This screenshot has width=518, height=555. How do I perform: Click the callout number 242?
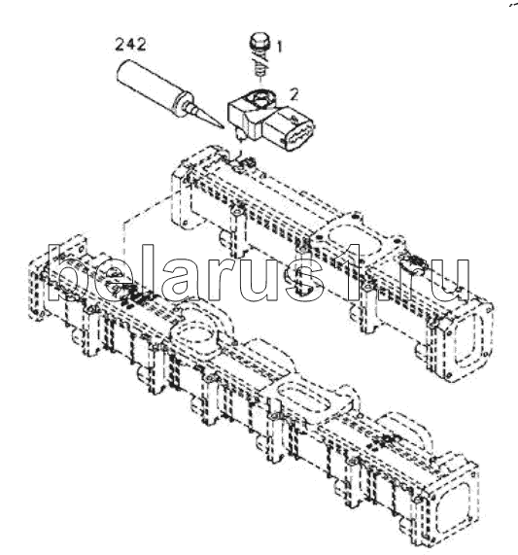(130, 45)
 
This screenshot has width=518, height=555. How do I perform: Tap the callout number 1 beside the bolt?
(279, 47)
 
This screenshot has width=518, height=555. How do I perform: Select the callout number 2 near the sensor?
(294, 94)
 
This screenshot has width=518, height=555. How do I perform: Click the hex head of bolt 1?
(260, 41)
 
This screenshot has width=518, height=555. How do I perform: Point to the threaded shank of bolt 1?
(260, 64)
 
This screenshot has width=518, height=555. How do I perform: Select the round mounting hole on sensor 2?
(260, 97)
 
